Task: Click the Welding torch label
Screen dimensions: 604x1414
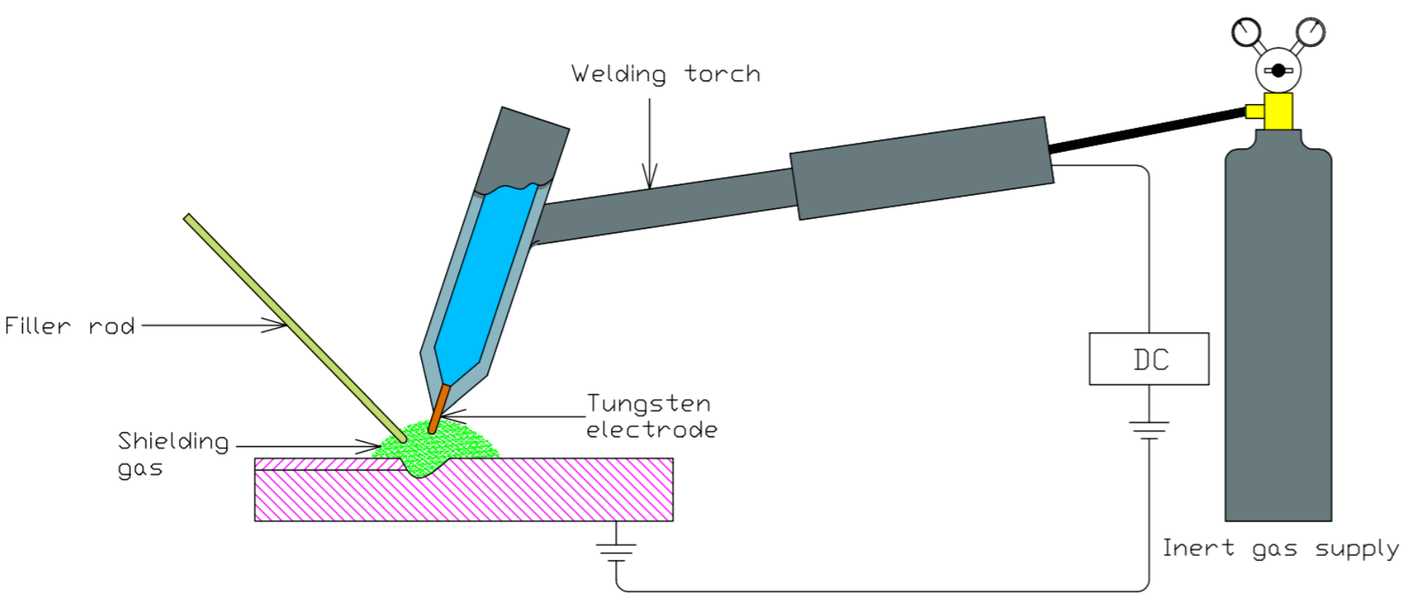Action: pos(665,74)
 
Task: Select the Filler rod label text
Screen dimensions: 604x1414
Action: pos(70,326)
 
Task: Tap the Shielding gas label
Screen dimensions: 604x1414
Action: pos(173,454)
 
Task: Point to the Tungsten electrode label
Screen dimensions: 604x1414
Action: pos(651,416)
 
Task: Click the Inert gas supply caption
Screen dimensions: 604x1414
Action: pos(1280,549)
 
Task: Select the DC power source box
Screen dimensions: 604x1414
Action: pos(1148,359)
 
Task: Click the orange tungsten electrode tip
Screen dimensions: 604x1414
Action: pos(438,408)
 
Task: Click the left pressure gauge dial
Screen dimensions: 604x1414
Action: pos(1247,33)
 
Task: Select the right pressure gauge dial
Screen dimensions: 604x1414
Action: pos(1310,32)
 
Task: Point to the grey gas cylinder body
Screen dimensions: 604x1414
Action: pos(1278,335)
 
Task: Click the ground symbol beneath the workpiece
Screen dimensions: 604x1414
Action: pos(616,550)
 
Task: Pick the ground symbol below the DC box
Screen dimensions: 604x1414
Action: pos(1149,430)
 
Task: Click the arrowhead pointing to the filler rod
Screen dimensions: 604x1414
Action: pos(277,325)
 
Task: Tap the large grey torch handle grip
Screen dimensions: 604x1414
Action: pos(921,168)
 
